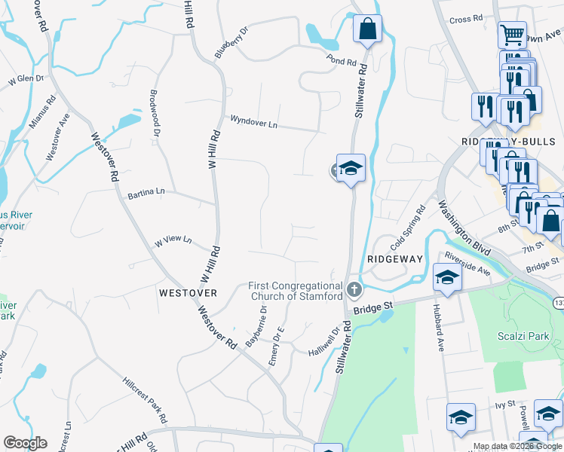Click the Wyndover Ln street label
pos(254,121)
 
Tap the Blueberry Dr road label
pos(231,43)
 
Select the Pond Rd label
pos(341,58)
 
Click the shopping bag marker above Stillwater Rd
pos(368,30)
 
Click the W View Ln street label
pos(173,242)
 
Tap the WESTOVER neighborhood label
pos(189,292)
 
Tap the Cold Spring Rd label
pos(408,228)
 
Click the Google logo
pos(25,443)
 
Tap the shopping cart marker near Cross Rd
pos(512,34)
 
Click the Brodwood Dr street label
pos(155,114)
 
